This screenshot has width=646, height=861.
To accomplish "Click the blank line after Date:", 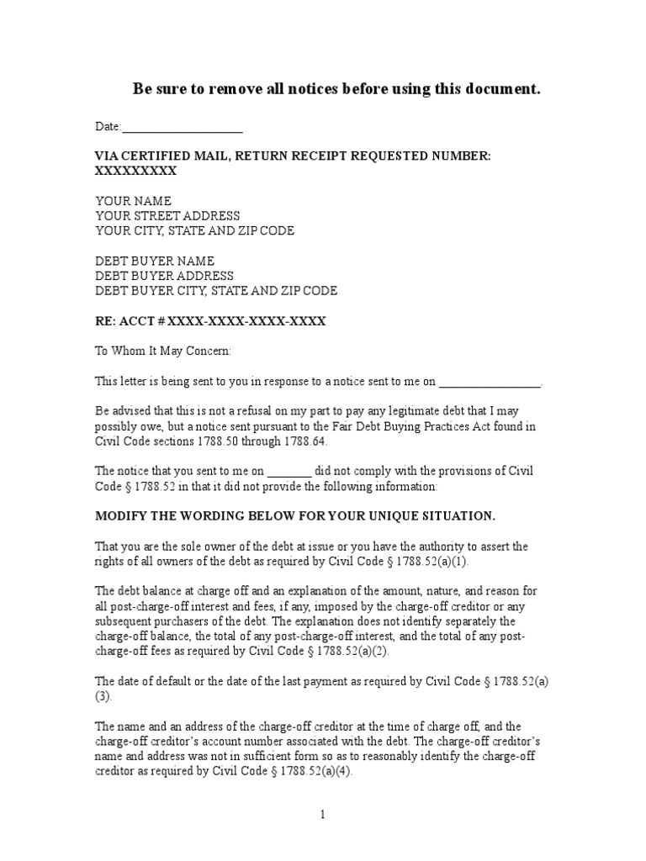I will pyautogui.click(x=183, y=128).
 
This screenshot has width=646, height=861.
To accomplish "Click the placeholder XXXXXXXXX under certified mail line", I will pyautogui.click(x=135, y=171).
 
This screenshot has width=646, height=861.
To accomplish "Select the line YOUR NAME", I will pyautogui.click(x=133, y=201).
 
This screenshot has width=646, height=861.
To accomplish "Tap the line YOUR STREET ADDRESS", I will pyautogui.click(x=167, y=216).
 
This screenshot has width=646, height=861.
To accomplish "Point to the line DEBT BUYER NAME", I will pyautogui.click(x=155, y=261).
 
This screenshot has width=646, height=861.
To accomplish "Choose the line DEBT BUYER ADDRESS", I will pyautogui.click(x=164, y=276).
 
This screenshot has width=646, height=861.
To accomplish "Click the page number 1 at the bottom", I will pyautogui.click(x=321, y=814).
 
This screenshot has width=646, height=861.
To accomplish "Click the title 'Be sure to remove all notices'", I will pyautogui.click(x=336, y=89).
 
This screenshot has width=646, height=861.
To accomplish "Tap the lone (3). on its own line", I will pyautogui.click(x=103, y=696).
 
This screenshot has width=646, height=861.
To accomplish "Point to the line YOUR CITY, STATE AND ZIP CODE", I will pyautogui.click(x=194, y=231).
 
